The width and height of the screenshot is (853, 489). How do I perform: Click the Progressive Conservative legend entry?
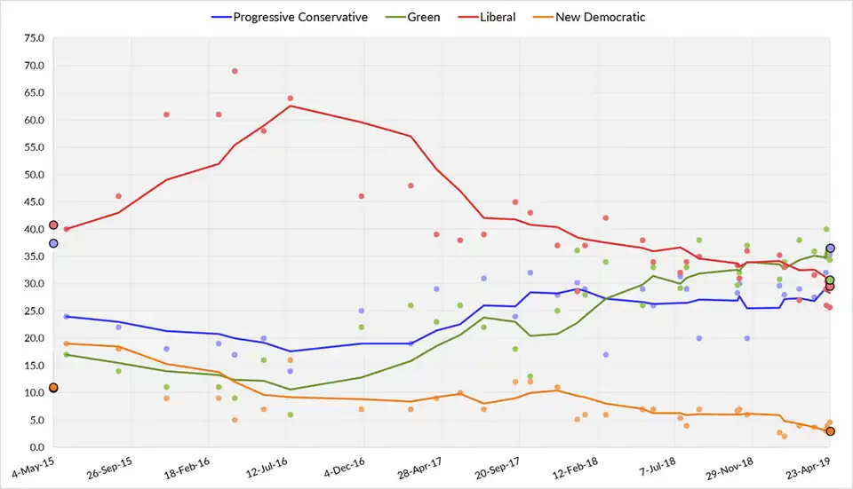click(x=299, y=17)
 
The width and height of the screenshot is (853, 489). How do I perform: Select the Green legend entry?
click(x=423, y=17)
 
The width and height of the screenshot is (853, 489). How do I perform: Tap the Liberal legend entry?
click(x=498, y=17)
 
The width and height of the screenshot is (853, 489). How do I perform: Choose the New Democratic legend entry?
click(x=600, y=17)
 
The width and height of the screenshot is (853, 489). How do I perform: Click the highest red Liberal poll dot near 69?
click(x=235, y=71)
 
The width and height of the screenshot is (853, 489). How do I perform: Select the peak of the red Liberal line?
click(x=290, y=106)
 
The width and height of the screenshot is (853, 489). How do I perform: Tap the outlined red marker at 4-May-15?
click(x=53, y=225)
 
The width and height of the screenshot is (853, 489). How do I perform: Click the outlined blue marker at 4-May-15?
click(x=53, y=243)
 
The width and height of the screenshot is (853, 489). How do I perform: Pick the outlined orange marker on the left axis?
click(x=53, y=388)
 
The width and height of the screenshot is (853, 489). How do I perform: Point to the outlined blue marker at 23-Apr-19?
click(x=830, y=248)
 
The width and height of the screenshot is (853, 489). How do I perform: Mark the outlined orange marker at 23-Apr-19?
click(x=830, y=431)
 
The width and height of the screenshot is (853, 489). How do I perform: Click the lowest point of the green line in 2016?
click(x=290, y=390)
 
